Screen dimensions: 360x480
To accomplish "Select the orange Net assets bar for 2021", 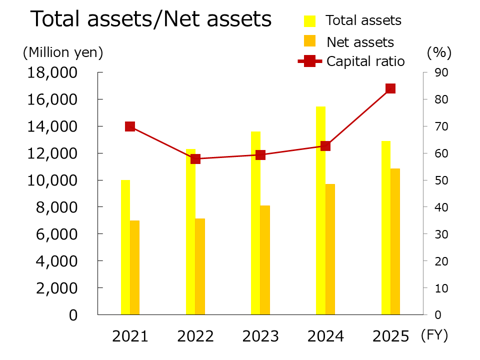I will point(135,267).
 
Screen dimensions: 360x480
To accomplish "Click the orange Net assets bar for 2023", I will point(265,260).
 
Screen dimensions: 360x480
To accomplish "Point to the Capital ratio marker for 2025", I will point(390,88).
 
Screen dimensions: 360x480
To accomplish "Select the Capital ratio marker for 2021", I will point(130,126).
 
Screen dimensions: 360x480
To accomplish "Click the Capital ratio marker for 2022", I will point(195,159).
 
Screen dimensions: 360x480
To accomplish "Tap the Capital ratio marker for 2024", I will point(325,146).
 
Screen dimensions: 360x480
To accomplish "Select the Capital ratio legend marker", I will point(310,61).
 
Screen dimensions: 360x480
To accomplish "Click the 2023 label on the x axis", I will point(260,336).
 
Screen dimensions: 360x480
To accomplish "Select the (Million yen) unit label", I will point(62,52).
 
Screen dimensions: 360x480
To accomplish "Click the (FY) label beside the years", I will point(434,335).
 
